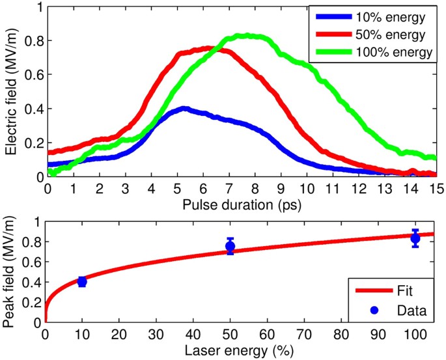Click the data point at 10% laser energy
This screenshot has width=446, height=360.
82,281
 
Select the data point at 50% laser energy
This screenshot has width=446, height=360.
230,246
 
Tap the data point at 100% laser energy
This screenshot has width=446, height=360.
415,238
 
